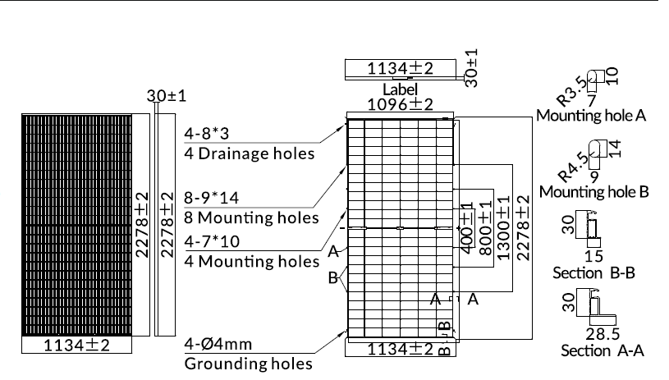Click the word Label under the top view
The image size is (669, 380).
coord(400,89)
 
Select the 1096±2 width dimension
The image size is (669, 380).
coord(400,104)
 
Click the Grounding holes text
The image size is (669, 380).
coord(249,364)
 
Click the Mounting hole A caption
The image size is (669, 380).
coord(591,116)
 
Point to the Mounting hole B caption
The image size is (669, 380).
coord(594,192)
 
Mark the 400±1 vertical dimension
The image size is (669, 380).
coord(467,227)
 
